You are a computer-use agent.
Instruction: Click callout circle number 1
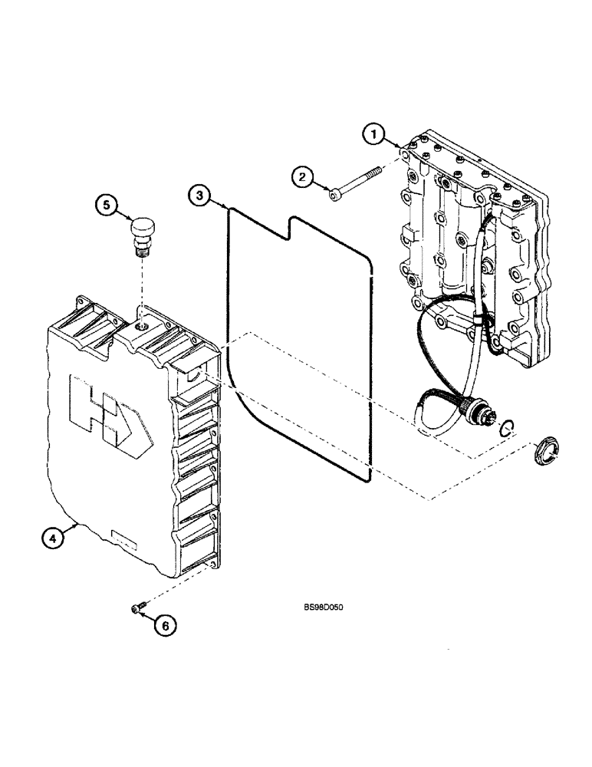tap(374, 136)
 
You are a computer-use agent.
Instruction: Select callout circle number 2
tap(304, 178)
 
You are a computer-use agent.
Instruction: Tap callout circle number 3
tap(200, 196)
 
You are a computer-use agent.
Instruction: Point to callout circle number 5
tap(107, 206)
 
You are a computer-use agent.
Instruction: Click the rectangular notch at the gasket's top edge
tap(288, 225)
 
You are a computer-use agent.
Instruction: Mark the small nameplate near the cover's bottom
tap(123, 540)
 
